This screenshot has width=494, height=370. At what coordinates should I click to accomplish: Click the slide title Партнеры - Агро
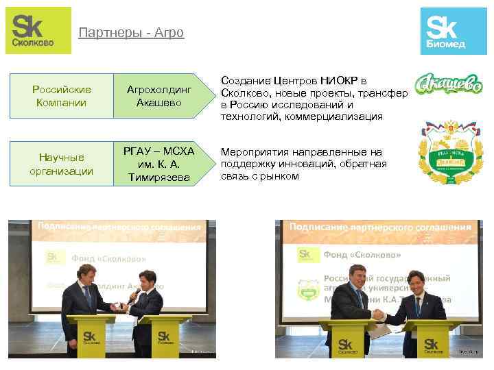[131, 33]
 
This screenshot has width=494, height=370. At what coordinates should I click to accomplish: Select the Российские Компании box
[61, 97]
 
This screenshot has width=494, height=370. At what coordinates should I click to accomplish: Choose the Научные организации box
[61, 164]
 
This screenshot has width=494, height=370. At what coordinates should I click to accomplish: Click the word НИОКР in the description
[342, 82]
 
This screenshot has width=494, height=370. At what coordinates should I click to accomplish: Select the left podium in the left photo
[91, 336]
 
